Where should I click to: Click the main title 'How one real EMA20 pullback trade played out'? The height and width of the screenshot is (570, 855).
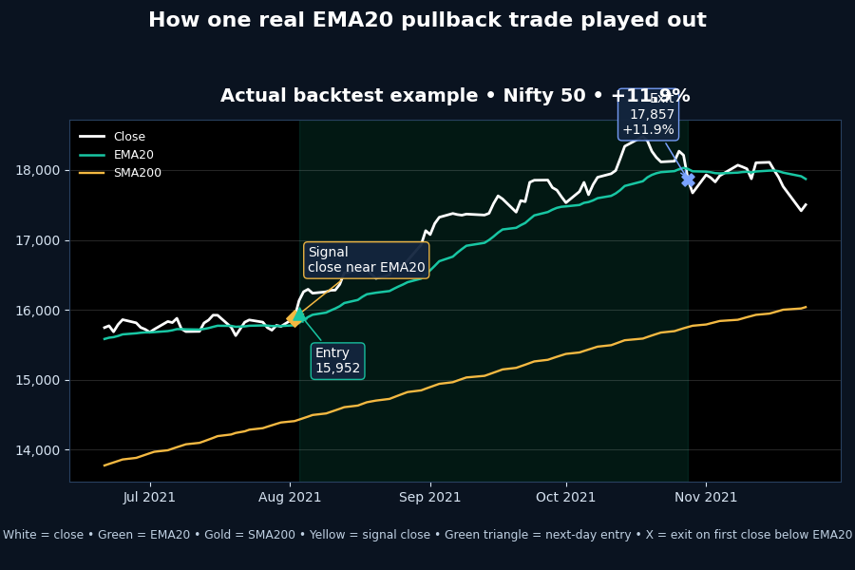[x=427, y=21]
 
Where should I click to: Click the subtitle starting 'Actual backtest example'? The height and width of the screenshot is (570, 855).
[x=455, y=96]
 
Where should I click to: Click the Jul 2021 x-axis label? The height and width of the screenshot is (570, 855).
[x=149, y=497]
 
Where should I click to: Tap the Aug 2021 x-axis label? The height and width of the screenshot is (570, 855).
[x=290, y=497]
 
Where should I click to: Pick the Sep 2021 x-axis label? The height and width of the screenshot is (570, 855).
[x=430, y=497]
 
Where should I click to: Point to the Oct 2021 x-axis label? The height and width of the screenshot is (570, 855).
[x=566, y=497]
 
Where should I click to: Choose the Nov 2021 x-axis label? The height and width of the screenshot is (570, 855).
[x=706, y=497]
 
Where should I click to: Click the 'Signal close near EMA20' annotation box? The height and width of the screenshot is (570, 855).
[x=366, y=260]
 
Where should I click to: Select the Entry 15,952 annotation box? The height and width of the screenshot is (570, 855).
[x=337, y=361]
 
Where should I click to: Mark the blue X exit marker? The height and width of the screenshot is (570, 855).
[x=688, y=180]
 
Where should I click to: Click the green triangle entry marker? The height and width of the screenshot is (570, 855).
[x=299, y=313]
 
